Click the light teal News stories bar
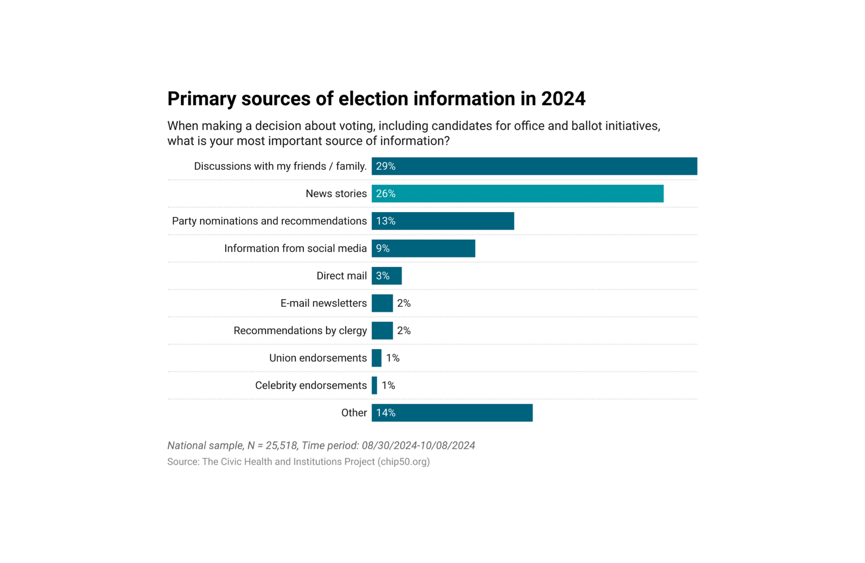pyautogui.click(x=517, y=194)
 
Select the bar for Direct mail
pyautogui.click(x=387, y=276)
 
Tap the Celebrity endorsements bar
pyautogui.click(x=374, y=386)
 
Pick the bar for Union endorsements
pyautogui.click(x=377, y=358)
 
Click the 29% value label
pyautogui.click(x=386, y=166)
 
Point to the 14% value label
pyautogui.click(x=386, y=413)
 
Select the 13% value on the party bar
pyautogui.click(x=386, y=221)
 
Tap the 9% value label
pyautogui.click(x=383, y=249)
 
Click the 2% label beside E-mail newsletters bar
pyautogui.click(x=404, y=304)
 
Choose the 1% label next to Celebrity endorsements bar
pyautogui.click(x=388, y=386)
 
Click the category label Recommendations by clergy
pyautogui.click(x=300, y=331)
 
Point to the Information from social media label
pyautogui.click(x=296, y=249)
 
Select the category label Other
pyautogui.click(x=354, y=413)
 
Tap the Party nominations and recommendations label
pyautogui.click(x=269, y=221)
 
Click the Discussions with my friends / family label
pyautogui.click(x=280, y=166)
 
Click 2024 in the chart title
pyautogui.click(x=563, y=99)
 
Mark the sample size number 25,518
pyautogui.click(x=282, y=445)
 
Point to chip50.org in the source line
pyautogui.click(x=404, y=462)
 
